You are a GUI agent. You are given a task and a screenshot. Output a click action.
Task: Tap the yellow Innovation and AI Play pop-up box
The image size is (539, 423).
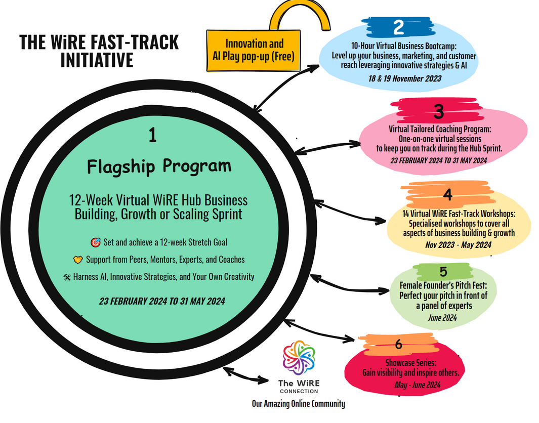click(254, 50)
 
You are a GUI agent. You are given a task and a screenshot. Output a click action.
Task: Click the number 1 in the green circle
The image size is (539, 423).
click(153, 135)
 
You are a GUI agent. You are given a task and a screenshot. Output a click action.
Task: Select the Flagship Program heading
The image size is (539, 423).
click(159, 166)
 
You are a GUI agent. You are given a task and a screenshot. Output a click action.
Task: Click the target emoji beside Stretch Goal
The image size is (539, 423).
click(95, 242)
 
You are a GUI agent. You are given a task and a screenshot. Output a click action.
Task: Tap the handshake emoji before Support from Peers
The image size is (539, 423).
click(77, 260)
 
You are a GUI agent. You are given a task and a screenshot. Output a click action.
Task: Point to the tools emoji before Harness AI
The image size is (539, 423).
click(67, 277)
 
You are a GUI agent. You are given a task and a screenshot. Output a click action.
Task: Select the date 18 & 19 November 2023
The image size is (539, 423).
click(404, 78)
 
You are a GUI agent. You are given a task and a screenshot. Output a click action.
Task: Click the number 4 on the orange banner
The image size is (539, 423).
click(447, 195)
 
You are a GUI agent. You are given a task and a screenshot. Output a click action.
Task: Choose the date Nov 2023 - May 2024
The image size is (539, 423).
click(459, 245)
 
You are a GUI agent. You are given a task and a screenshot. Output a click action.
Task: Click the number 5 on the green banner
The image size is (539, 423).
click(443, 272)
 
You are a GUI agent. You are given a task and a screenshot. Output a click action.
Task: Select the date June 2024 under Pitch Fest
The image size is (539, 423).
click(443, 318)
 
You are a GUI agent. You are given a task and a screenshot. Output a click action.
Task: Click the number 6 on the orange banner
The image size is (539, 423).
click(398, 345)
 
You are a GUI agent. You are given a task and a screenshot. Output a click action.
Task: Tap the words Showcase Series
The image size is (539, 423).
click(410, 363)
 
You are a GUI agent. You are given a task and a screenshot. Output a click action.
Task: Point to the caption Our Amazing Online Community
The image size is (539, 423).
click(299, 404)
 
